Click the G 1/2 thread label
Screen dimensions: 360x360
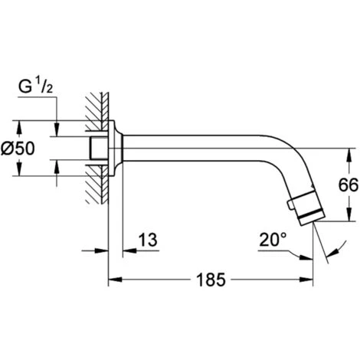click(x=35, y=87)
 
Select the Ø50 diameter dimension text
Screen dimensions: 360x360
click(x=18, y=149)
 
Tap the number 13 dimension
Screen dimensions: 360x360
click(x=148, y=240)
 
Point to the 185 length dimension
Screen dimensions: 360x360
click(x=211, y=280)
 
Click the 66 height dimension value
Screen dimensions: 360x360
click(x=349, y=185)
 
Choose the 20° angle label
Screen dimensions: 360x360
click(x=273, y=240)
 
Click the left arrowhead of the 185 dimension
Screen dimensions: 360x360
click(x=115, y=280)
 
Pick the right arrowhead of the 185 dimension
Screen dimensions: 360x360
click(x=306, y=280)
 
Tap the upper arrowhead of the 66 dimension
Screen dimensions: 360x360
click(x=350, y=155)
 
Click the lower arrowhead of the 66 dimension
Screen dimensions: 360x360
click(x=350, y=214)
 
